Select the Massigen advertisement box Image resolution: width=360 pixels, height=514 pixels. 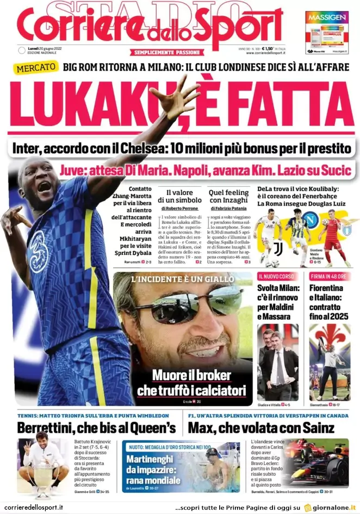click(x=327, y=33)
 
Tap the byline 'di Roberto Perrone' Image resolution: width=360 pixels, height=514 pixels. click(x=179, y=208)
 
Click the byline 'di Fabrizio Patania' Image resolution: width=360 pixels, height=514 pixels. click(x=229, y=208)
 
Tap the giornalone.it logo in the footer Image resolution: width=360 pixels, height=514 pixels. click(x=332, y=507)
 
